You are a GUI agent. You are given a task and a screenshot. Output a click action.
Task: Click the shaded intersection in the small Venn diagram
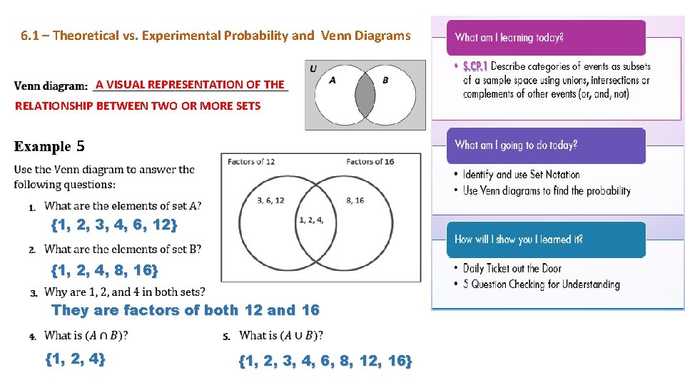365,95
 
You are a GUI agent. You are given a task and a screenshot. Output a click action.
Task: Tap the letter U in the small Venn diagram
313,68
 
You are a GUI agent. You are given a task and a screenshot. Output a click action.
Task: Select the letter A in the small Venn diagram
333,80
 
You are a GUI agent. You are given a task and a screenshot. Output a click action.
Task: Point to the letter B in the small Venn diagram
385,80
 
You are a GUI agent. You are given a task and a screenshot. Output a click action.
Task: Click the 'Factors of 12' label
250,162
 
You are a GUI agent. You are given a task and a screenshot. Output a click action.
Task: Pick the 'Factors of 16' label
370,162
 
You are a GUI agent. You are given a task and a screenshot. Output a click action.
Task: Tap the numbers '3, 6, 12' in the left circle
270,200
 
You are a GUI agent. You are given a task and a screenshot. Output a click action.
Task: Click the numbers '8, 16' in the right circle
355,200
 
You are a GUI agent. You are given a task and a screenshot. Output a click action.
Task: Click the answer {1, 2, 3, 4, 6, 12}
114,225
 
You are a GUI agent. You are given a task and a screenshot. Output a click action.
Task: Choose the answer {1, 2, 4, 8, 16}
104,270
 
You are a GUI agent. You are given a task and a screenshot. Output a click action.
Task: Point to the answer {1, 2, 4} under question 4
75,359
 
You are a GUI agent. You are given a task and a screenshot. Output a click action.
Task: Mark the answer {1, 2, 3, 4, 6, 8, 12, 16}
325,361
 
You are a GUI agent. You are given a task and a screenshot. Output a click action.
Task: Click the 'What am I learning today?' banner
546,38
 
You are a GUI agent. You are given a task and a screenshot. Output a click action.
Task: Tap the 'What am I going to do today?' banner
546,145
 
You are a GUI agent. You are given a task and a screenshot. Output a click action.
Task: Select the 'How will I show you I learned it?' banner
546,240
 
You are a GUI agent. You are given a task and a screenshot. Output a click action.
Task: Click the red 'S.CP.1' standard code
475,66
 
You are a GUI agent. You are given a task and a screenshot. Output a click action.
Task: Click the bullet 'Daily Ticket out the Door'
512,269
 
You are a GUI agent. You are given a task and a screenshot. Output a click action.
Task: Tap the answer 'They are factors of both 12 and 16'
186,310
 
